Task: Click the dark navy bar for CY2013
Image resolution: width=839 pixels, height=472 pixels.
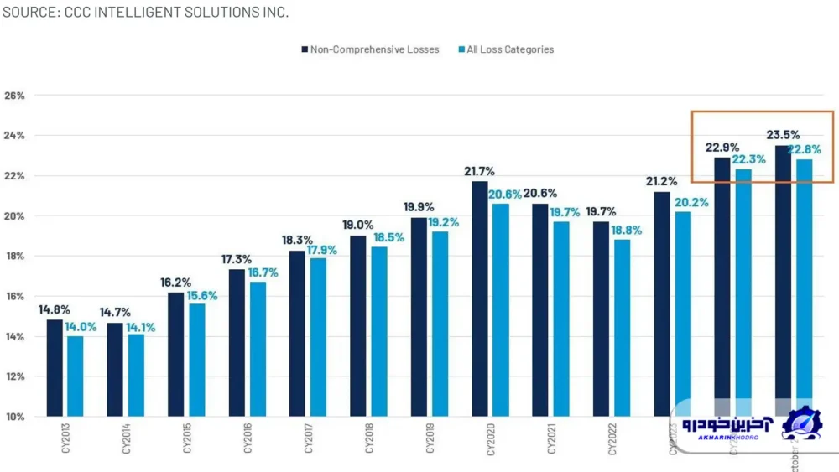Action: [x=55, y=368]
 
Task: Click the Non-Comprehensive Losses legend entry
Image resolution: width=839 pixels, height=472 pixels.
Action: [x=370, y=49]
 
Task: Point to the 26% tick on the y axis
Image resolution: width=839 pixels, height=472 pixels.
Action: [x=14, y=96]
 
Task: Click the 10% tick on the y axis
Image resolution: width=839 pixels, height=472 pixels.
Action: [x=14, y=417]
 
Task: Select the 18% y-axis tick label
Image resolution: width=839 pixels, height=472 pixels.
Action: [x=14, y=256]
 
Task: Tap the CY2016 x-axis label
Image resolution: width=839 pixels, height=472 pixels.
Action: [x=248, y=437]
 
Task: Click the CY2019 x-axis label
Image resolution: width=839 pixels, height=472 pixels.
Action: [x=430, y=437]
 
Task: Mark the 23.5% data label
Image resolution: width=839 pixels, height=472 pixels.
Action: [x=783, y=135]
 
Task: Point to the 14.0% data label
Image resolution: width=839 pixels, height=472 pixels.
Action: [x=81, y=327]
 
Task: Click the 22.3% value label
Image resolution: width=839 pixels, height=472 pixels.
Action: [x=748, y=159]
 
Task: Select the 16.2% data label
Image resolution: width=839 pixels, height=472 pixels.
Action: [x=176, y=283]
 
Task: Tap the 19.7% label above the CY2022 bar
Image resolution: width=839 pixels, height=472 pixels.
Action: [x=601, y=211]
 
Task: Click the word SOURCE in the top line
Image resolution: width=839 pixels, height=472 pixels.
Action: [x=29, y=13]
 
